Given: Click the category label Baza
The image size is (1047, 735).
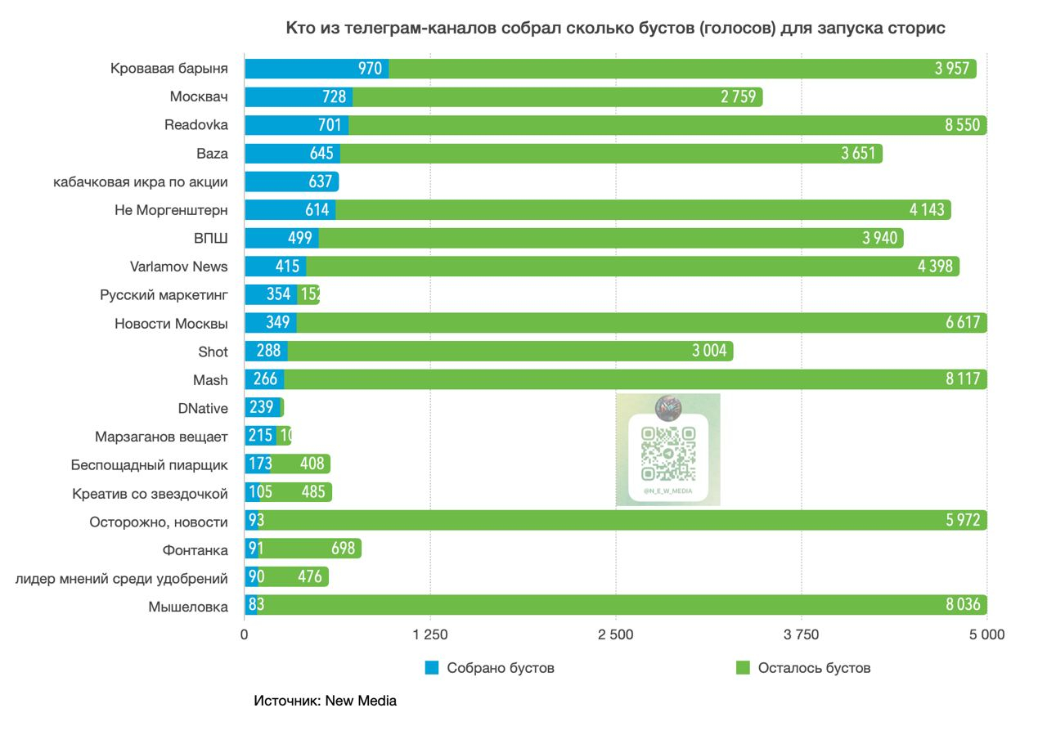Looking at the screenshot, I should pyautogui.click(x=212, y=154).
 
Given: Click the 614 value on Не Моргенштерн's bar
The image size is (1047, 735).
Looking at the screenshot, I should pyautogui.click(x=317, y=210).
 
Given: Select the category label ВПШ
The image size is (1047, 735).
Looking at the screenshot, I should pyautogui.click(x=209, y=238).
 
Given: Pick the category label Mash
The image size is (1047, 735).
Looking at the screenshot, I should pyautogui.click(x=210, y=379).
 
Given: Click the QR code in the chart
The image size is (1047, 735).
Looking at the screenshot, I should pyautogui.click(x=668, y=454).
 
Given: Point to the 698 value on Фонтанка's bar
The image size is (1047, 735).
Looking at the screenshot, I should pyautogui.click(x=344, y=549).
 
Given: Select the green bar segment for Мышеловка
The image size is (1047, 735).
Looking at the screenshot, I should pyautogui.click(x=622, y=605).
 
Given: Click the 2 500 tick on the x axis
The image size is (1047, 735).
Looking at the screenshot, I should pyautogui.click(x=616, y=635).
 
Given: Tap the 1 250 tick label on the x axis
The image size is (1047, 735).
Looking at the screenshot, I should pyautogui.click(x=430, y=635).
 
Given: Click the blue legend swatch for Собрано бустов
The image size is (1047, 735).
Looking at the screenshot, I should pyautogui.click(x=433, y=668).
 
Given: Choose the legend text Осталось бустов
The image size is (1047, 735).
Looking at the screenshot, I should pyautogui.click(x=814, y=668).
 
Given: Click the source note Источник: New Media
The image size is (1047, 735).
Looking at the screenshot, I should pyautogui.click(x=325, y=701).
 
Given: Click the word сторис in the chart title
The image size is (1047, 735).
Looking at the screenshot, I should pyautogui.click(x=919, y=29).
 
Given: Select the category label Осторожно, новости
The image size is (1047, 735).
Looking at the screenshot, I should pyautogui.click(x=159, y=521).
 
